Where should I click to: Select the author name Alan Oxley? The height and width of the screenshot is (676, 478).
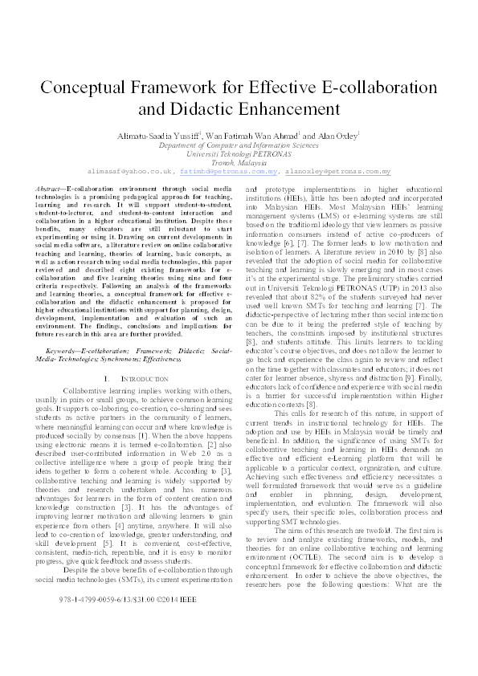[x=333, y=136]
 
